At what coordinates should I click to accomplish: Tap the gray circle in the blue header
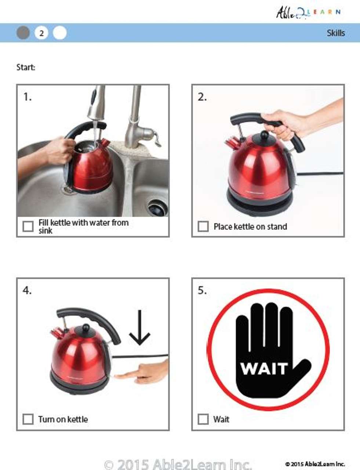tap(23, 33)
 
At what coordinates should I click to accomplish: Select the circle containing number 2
tap(41, 33)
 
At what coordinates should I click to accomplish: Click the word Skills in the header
tap(335, 33)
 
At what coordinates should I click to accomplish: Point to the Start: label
tap(26, 67)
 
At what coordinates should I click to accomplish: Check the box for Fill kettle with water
tap(28, 226)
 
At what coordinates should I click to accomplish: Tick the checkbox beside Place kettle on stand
tap(203, 226)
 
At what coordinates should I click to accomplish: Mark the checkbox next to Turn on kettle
tap(28, 419)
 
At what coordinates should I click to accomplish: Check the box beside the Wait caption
tap(203, 419)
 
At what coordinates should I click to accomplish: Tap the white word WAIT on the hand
tap(264, 368)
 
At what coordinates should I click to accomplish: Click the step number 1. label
tap(28, 97)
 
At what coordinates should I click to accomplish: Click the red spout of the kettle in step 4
tap(56, 333)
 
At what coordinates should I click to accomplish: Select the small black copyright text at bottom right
tap(314, 464)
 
